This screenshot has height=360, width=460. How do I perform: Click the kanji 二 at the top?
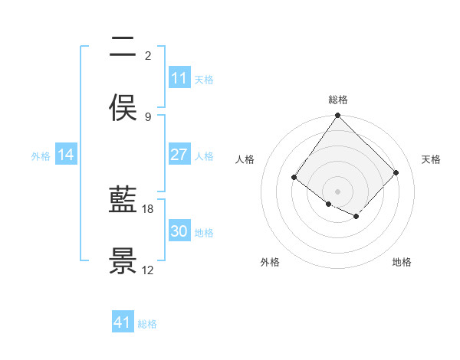(x=123, y=47)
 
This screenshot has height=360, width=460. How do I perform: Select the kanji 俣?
(x=123, y=108)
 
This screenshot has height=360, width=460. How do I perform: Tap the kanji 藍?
(x=123, y=201)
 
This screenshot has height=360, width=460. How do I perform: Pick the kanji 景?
(x=123, y=261)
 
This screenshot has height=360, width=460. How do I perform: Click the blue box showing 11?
(x=179, y=78)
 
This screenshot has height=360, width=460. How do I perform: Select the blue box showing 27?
(x=179, y=155)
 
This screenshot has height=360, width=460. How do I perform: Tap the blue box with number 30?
(x=179, y=231)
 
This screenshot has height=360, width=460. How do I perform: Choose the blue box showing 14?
(x=66, y=155)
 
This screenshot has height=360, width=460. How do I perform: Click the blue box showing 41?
(x=123, y=322)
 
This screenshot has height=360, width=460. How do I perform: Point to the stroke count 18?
(x=148, y=208)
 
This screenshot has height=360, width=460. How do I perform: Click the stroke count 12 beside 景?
(x=148, y=270)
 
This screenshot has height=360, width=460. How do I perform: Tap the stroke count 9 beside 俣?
(x=148, y=116)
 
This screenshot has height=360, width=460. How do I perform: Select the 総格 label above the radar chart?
(x=338, y=100)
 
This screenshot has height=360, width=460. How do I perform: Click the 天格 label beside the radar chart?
(x=431, y=159)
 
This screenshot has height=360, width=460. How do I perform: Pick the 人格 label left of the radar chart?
(x=245, y=159)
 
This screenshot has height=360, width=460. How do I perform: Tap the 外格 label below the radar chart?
(x=270, y=262)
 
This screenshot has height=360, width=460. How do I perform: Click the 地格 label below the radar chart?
(x=402, y=262)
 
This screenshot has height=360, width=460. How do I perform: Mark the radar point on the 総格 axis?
(x=338, y=116)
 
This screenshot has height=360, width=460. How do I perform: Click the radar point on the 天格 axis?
(x=396, y=173)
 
